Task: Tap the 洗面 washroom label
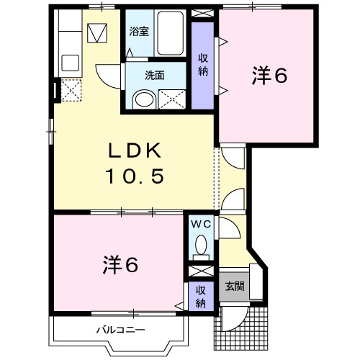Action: [154, 74]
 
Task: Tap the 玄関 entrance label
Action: [235, 287]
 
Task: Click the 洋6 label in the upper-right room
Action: [269, 75]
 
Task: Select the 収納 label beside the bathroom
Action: [204, 65]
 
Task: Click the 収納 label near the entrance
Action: [200, 296]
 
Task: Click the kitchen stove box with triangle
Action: [96, 33]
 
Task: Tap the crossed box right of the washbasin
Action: [172, 99]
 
